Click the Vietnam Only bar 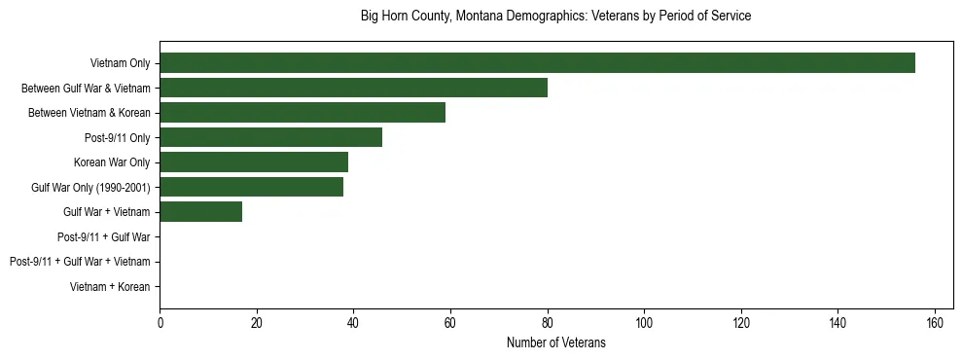click(537, 63)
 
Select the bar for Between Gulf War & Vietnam click(353, 88)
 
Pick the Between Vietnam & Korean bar click(303, 113)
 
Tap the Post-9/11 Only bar click(270, 137)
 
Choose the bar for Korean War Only click(254, 162)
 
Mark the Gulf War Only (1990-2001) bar click(251, 187)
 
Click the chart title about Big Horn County click(555, 17)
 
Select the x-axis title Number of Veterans click(555, 342)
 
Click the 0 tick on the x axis click(160, 322)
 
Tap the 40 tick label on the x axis click(353, 322)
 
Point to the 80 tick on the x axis click(548, 322)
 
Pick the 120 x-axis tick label click(741, 322)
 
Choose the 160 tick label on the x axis click(936, 322)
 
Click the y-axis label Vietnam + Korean click(110, 287)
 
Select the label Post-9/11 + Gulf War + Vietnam click(80, 262)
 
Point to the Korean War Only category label click(112, 162)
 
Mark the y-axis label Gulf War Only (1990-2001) click(90, 187)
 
